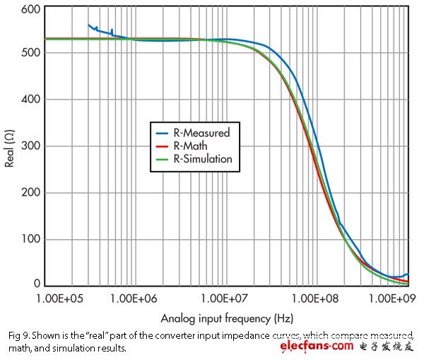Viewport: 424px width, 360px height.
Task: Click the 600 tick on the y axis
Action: [30, 9]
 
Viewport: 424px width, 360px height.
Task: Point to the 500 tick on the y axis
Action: [30, 53]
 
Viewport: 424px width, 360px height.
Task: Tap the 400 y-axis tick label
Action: [30, 100]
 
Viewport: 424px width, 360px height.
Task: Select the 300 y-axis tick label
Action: [30, 146]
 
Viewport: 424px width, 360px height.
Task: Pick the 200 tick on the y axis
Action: [30, 193]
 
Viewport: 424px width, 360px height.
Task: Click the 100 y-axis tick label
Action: [30, 239]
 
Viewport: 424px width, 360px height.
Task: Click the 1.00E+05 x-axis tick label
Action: [64, 299]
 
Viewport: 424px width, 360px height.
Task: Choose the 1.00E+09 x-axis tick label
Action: [392, 299]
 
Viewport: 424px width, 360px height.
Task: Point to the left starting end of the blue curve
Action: [88, 25]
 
